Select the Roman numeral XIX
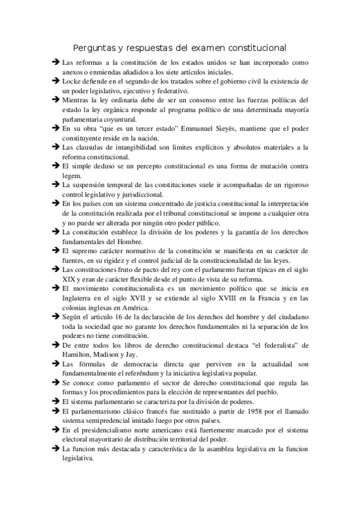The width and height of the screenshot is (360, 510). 70,280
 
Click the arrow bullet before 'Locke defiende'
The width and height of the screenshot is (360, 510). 55,80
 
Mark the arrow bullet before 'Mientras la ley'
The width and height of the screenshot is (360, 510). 55,99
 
